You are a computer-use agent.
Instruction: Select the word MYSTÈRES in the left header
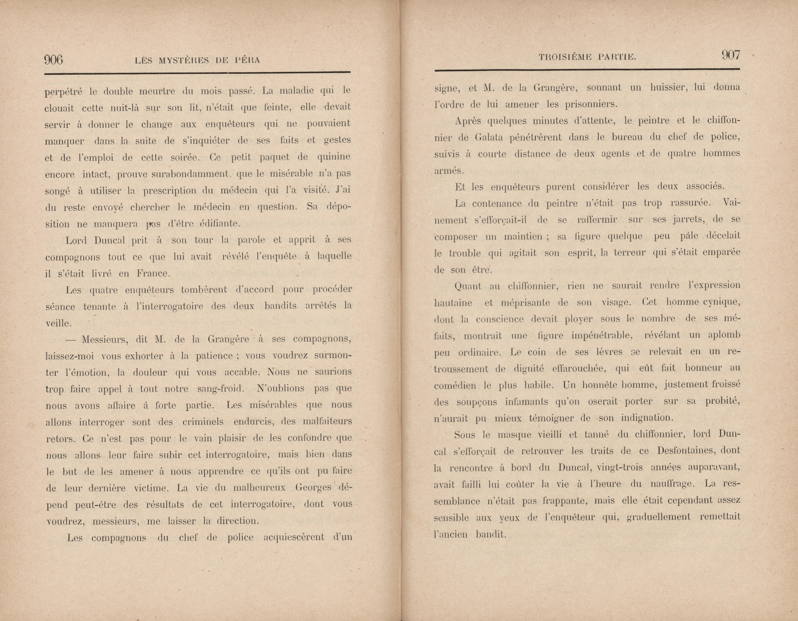click(184, 61)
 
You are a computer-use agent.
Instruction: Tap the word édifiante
click(220, 224)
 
